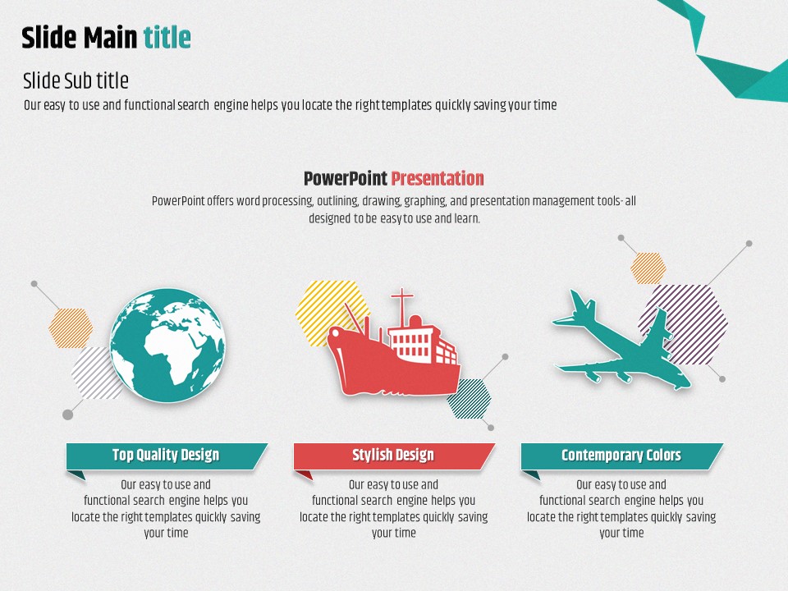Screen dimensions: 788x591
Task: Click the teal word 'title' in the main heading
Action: pyautogui.click(x=167, y=38)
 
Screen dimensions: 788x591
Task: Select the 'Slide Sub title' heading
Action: pyautogui.click(x=76, y=80)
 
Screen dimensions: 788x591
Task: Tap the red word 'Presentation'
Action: pyautogui.click(x=438, y=178)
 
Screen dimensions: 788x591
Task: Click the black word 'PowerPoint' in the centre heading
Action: pyautogui.click(x=346, y=178)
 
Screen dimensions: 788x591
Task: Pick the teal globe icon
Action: pyautogui.click(x=167, y=346)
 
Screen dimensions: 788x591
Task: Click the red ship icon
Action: pyautogui.click(x=394, y=346)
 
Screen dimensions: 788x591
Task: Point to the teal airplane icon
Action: pyautogui.click(x=621, y=341)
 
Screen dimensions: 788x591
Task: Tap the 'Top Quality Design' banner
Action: pyautogui.click(x=167, y=456)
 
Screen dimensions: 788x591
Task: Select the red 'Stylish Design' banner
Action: pyautogui.click(x=393, y=456)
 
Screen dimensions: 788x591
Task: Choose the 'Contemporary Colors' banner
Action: pyautogui.click(x=621, y=456)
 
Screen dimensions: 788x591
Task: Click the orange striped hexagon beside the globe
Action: pyautogui.click(x=71, y=328)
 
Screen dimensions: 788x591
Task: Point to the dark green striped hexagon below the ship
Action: pyautogui.click(x=470, y=399)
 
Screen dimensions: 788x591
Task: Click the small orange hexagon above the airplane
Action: pyautogui.click(x=648, y=268)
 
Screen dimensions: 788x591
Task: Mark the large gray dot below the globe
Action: pyautogui.click(x=68, y=415)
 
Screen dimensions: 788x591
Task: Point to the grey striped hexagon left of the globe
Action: pyautogui.click(x=94, y=373)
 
